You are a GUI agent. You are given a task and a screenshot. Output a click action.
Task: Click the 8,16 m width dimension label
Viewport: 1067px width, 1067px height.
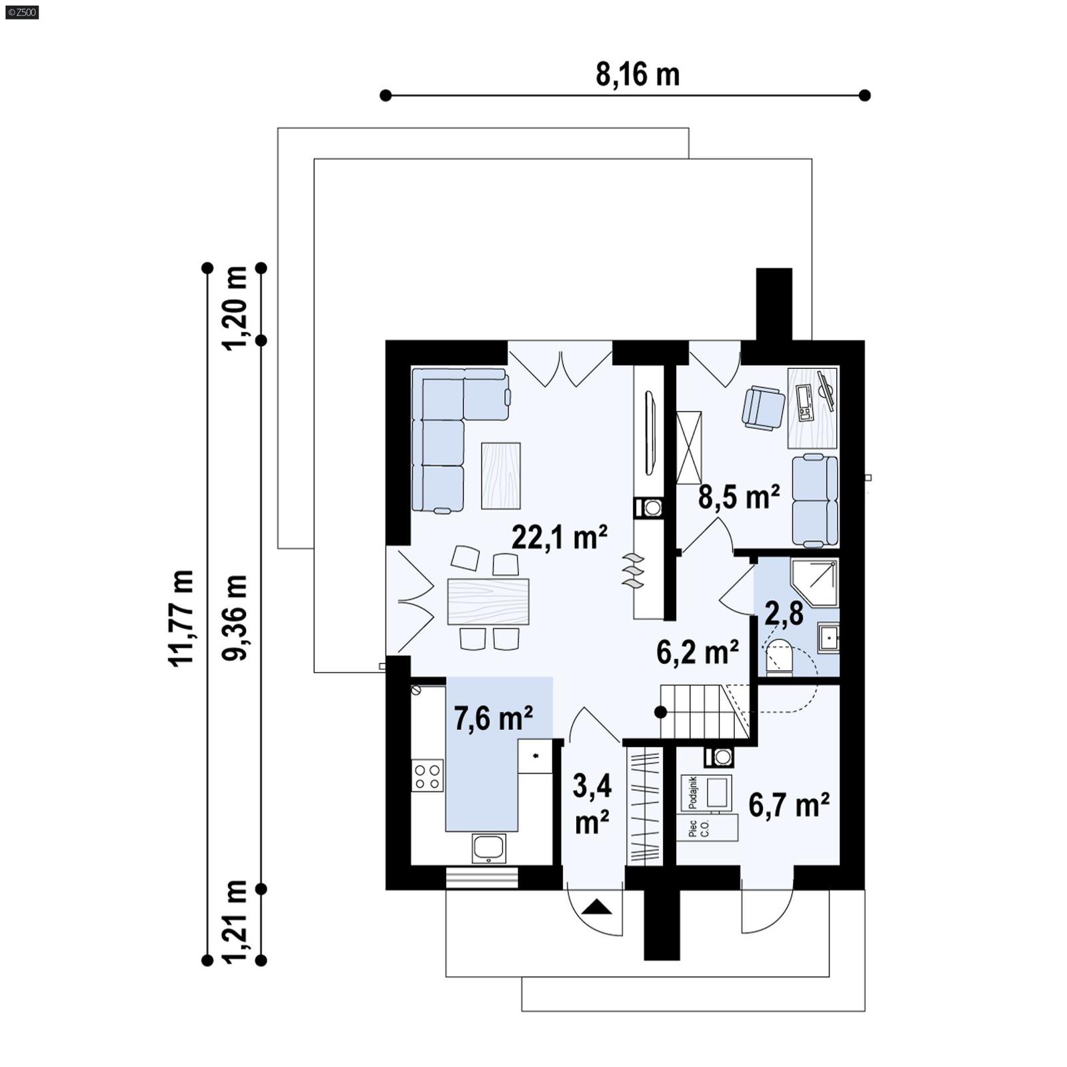click(638, 74)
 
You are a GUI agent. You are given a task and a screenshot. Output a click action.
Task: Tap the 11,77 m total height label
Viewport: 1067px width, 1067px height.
click(181, 618)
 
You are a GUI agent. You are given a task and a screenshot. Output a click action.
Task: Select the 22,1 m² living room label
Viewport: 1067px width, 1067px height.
click(559, 536)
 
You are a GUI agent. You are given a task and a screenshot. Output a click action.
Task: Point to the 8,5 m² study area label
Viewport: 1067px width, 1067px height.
click(739, 497)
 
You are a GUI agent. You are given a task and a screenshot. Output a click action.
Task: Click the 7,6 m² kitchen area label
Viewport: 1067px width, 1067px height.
click(493, 719)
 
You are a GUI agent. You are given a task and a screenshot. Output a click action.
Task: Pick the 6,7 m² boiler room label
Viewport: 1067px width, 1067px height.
click(789, 805)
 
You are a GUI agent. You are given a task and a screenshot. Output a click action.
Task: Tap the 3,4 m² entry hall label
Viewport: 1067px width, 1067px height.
click(592, 804)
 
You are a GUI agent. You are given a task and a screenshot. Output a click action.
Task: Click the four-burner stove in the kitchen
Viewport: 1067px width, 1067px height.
click(427, 776)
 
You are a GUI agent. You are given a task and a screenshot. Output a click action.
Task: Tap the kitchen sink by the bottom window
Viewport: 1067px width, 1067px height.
click(489, 848)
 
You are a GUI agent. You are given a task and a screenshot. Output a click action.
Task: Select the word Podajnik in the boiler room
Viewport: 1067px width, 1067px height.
click(692, 792)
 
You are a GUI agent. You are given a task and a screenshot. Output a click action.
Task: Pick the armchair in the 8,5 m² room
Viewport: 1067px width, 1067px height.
click(764, 406)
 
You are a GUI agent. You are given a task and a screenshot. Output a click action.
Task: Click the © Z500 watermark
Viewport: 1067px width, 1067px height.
click(21, 11)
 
